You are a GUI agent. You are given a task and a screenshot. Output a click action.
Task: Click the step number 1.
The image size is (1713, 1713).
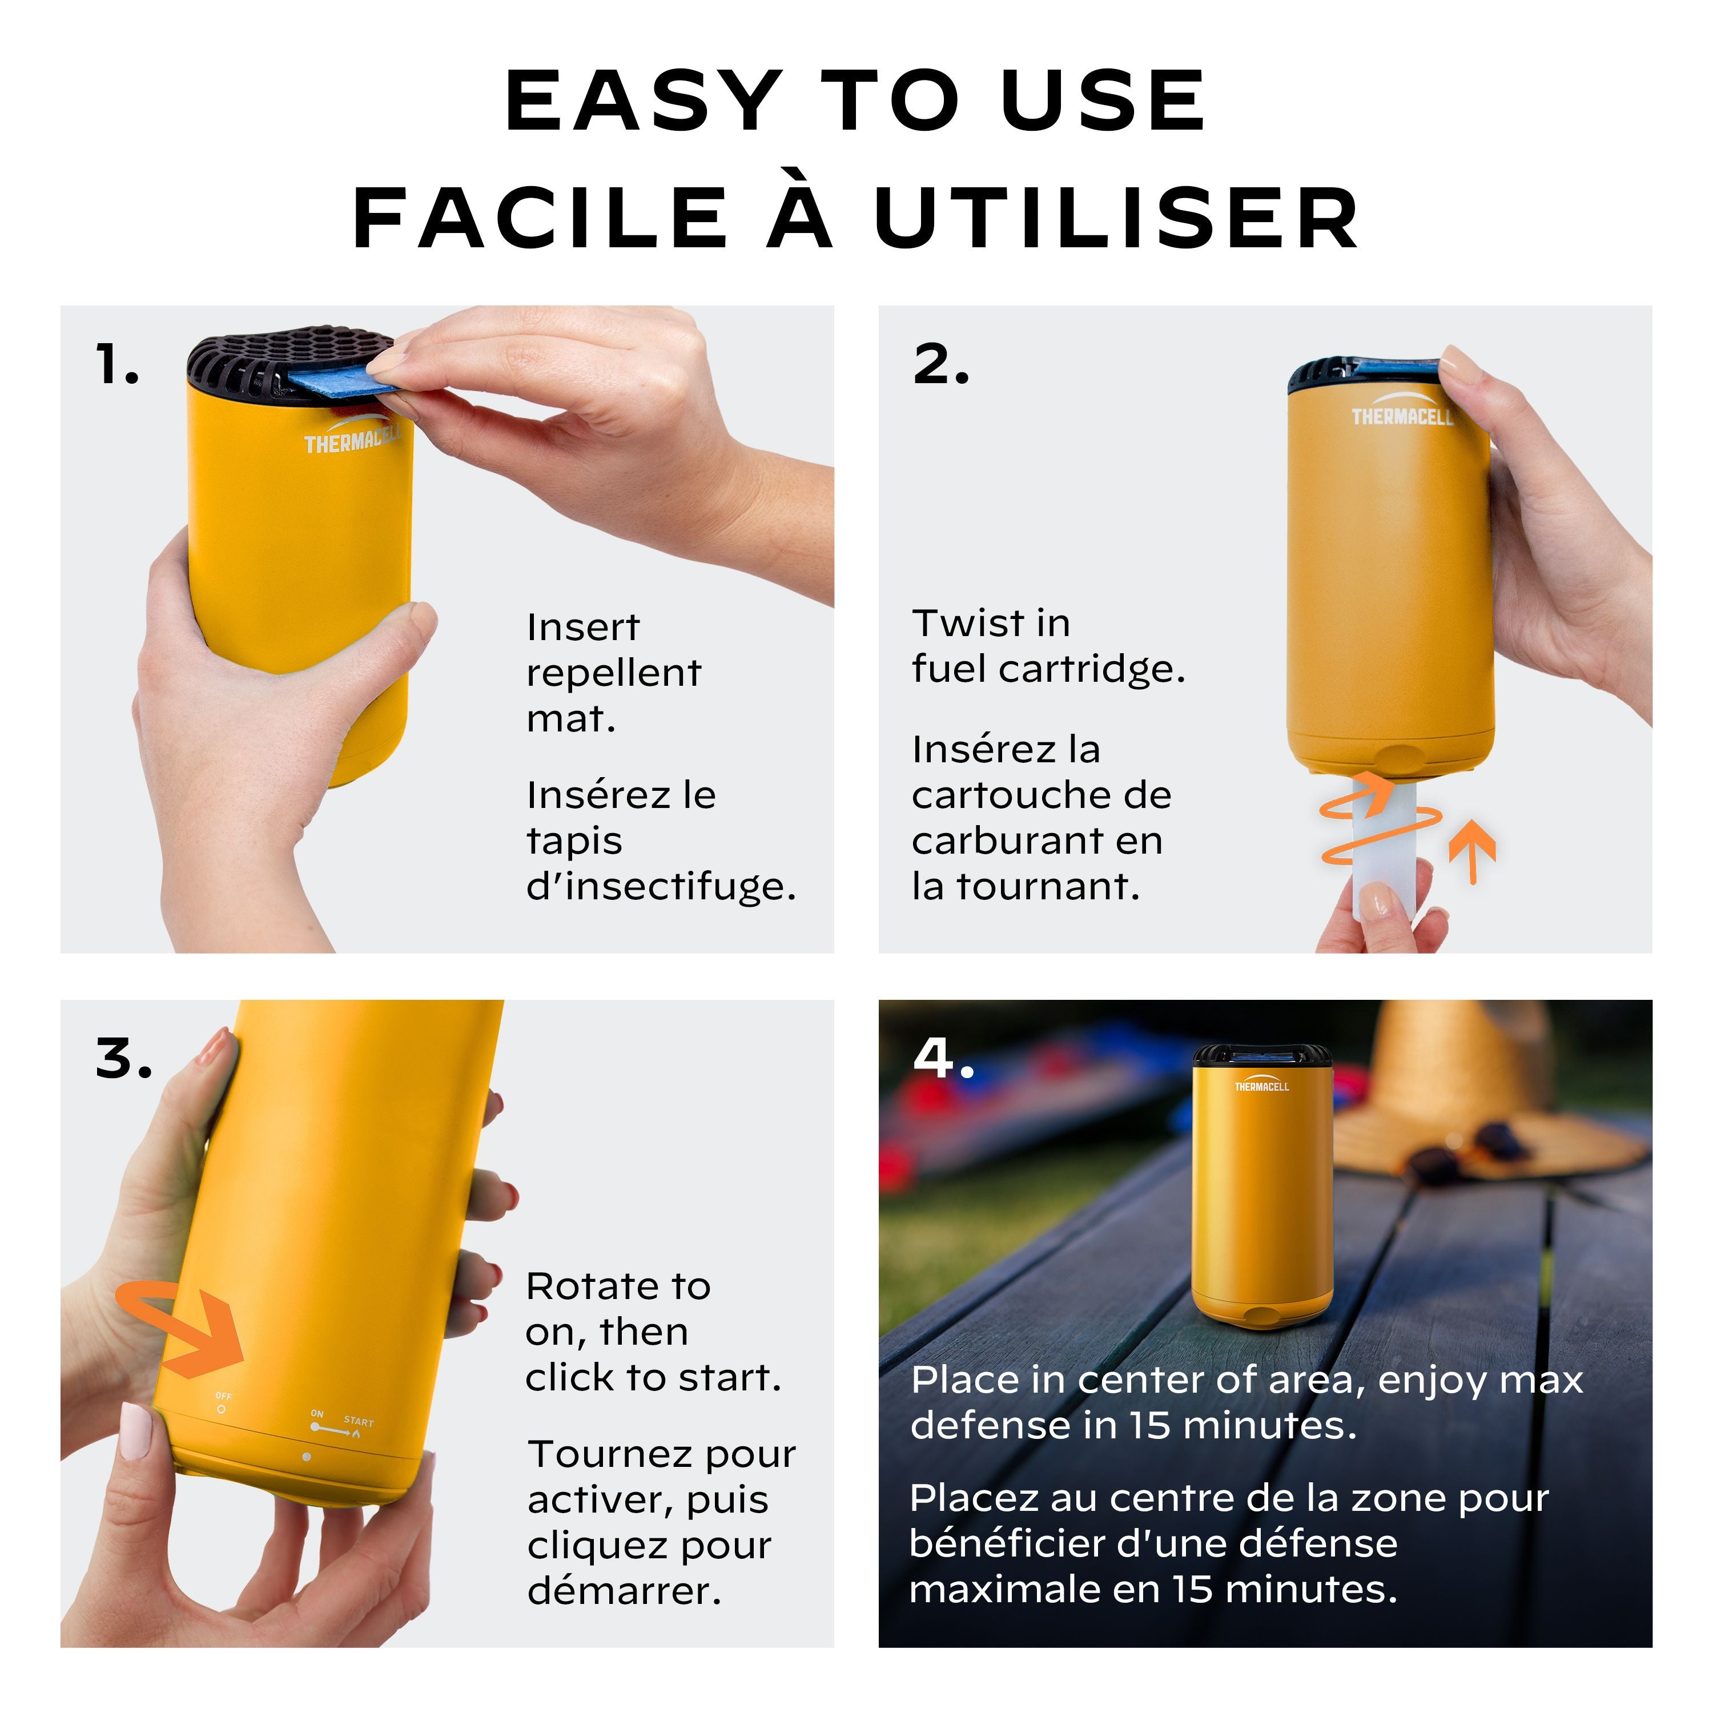coord(117,364)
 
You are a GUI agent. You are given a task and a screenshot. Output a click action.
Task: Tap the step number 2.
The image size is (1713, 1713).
coord(941,364)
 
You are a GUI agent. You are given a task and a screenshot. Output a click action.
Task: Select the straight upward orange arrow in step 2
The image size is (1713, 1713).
coord(1472,851)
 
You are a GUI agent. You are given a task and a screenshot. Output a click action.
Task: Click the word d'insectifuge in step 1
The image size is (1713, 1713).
coord(661,886)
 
